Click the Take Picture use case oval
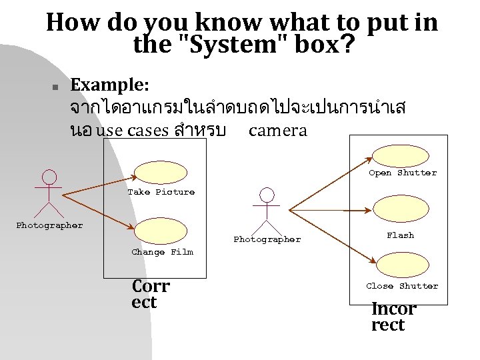(161, 172)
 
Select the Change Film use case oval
(161, 231)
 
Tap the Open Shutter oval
(400, 155)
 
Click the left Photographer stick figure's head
(49, 177)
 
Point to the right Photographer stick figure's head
(267, 195)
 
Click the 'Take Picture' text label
(161, 192)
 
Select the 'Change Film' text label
(162, 252)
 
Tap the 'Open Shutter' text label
(403, 173)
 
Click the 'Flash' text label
(400, 235)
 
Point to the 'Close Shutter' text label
(402, 286)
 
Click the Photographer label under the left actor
(49, 225)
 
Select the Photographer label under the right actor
(267, 239)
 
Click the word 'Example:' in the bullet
(110, 85)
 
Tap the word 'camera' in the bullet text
(277, 131)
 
